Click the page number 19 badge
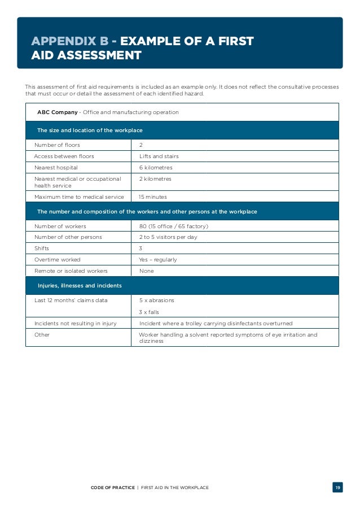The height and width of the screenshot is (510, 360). point(337,487)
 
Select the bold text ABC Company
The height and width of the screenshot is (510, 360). point(57,112)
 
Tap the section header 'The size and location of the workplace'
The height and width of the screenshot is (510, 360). point(90,130)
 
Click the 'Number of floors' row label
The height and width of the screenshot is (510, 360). point(57,145)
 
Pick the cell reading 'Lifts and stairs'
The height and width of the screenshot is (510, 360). point(159,156)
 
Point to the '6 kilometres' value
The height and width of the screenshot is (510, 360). point(156,168)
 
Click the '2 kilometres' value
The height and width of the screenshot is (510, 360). point(155,179)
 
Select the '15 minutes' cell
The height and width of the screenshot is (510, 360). point(152,197)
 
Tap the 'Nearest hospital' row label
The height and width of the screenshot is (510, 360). point(56,168)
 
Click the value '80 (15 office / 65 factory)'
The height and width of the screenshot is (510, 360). point(174,226)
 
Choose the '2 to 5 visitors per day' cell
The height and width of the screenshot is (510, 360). point(168,237)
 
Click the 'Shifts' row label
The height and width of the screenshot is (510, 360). point(43,249)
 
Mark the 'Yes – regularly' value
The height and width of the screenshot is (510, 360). point(158,260)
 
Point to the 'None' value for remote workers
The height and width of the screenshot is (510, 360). point(146,271)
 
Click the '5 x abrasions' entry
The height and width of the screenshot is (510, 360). point(156,300)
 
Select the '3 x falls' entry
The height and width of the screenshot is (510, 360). point(150,312)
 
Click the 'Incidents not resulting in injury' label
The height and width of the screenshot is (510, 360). point(78,324)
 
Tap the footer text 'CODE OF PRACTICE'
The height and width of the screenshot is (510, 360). point(113,487)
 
